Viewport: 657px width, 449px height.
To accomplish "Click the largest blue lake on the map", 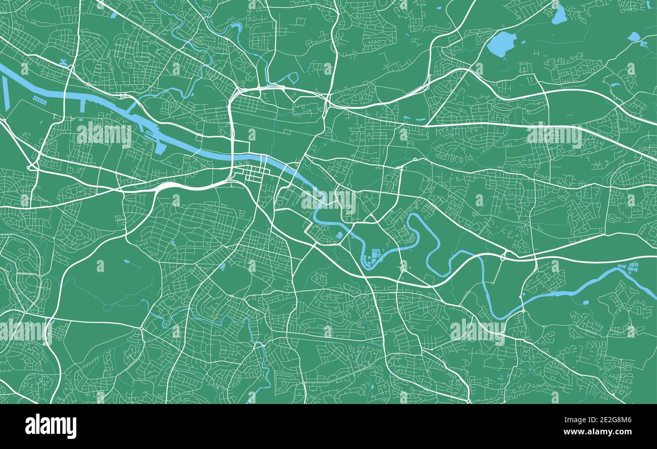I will point(501,44).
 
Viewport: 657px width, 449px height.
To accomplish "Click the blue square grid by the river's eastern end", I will point(633,266).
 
